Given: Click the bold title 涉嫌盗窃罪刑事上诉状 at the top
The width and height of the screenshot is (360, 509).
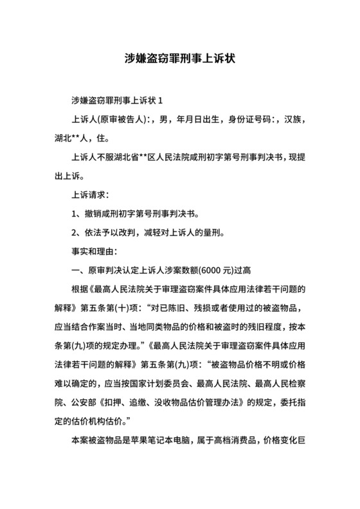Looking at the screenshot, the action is coord(179,58).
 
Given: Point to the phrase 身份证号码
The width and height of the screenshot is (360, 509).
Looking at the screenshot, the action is coord(246,120).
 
